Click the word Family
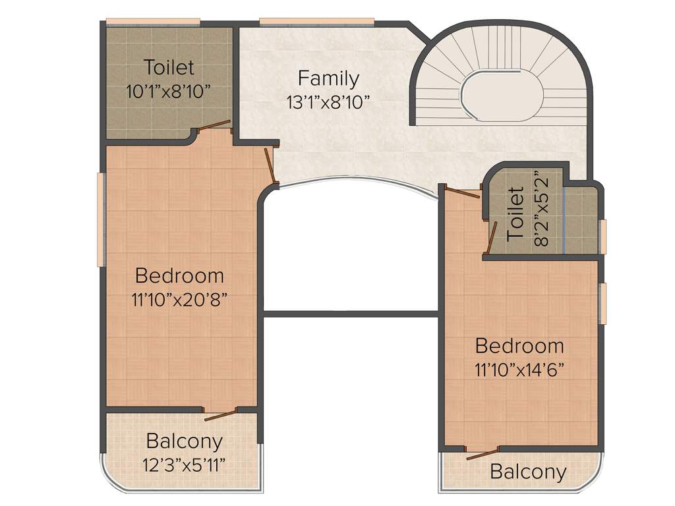[328, 78]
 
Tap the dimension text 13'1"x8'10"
[328, 101]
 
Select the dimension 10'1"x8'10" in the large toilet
[169, 91]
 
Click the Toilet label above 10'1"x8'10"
[169, 67]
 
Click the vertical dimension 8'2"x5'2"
[541, 208]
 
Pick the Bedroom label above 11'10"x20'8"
[179, 275]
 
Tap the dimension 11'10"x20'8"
[179, 299]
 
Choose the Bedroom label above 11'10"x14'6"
[519, 346]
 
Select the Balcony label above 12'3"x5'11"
[185, 441]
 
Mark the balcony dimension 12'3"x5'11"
[185, 464]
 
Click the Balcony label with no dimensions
[528, 472]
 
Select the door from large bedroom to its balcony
[221, 414]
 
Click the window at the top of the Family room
[317, 22]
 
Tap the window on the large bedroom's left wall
[101, 219]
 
